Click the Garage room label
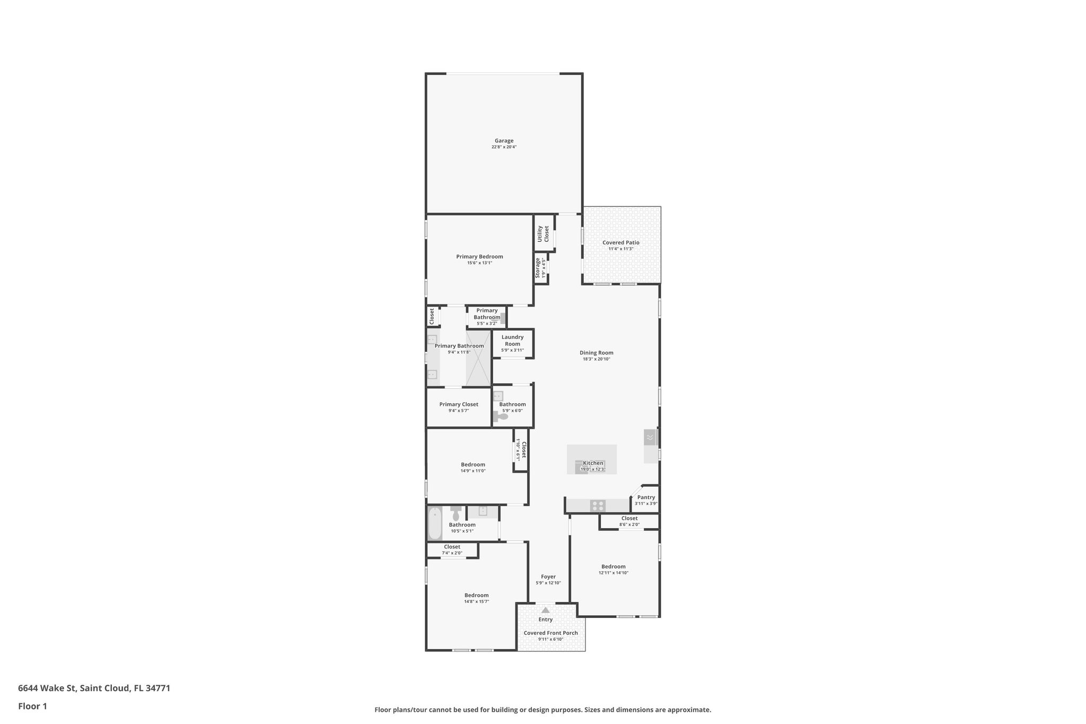coord(504,141)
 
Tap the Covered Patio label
coord(620,243)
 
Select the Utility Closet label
coord(543,233)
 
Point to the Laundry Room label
coord(512,341)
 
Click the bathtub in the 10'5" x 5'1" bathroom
coord(435,523)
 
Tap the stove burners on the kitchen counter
coord(598,505)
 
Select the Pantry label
coord(646,498)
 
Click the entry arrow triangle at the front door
coord(546,610)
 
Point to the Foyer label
coord(548,577)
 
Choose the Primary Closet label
coord(459,405)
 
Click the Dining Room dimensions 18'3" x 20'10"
coord(596,359)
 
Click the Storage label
coord(538,268)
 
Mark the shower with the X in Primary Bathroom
coord(478,358)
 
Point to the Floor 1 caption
coord(32,706)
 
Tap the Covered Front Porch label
coord(550,633)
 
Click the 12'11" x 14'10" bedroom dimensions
coord(614,573)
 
